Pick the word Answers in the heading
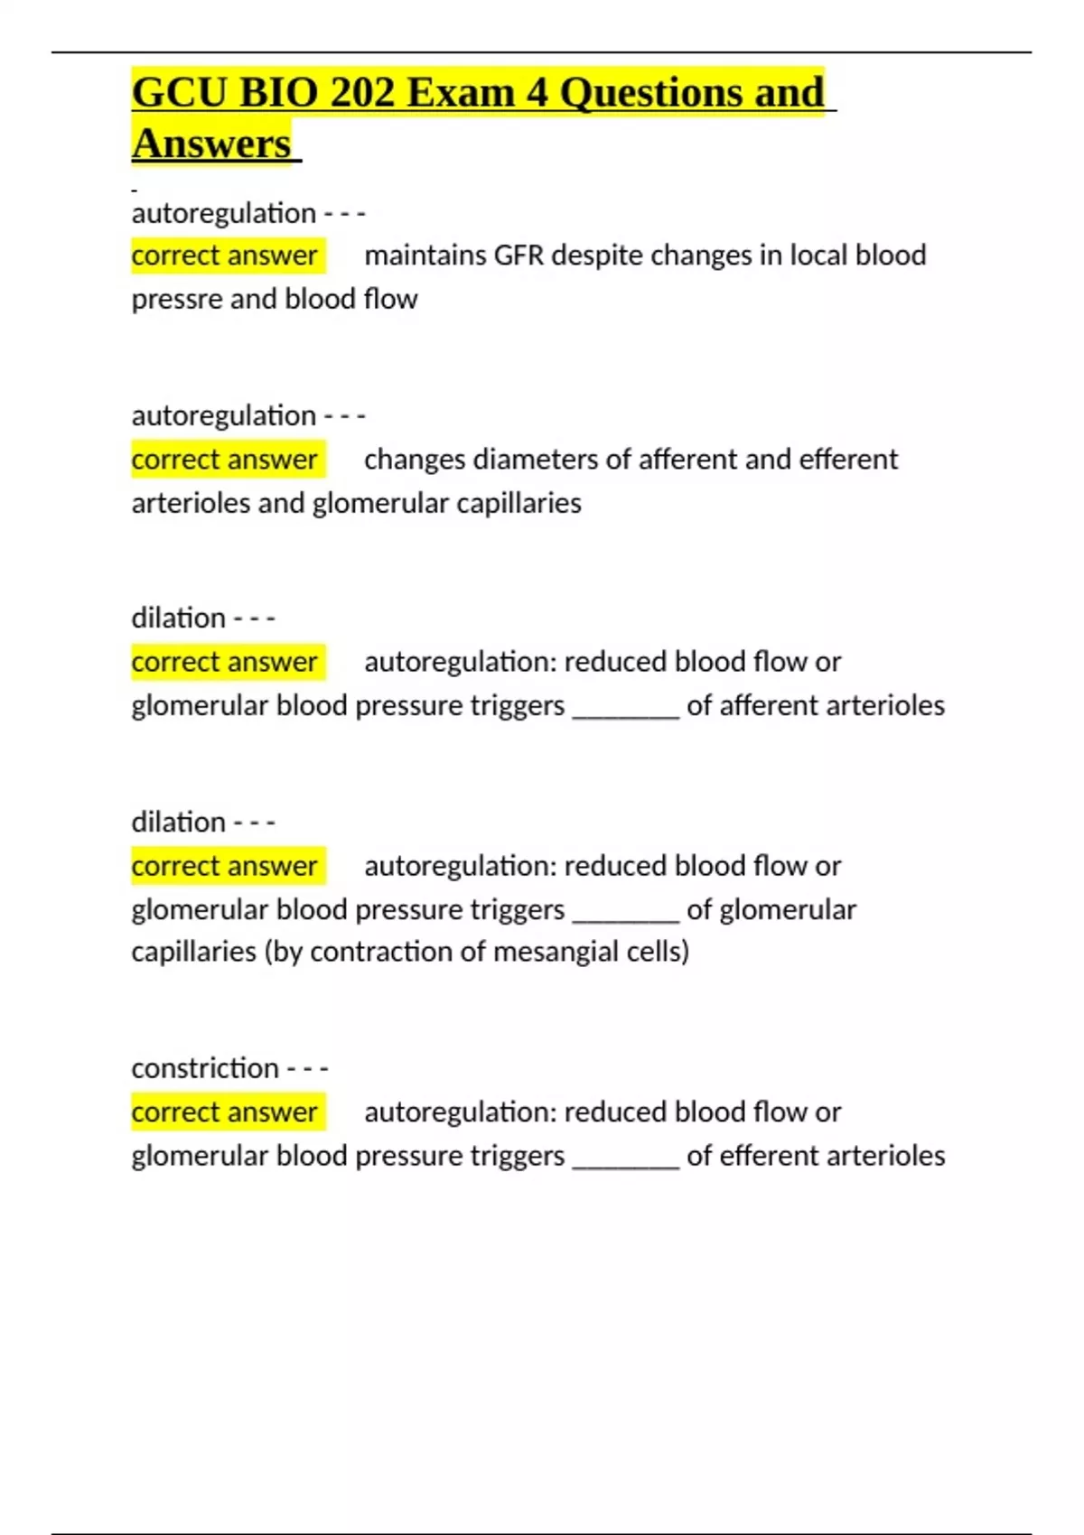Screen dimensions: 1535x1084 click(211, 144)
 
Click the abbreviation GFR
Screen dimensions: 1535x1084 click(519, 256)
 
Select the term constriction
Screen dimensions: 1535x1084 click(205, 1068)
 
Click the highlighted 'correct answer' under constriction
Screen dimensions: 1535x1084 click(224, 1112)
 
